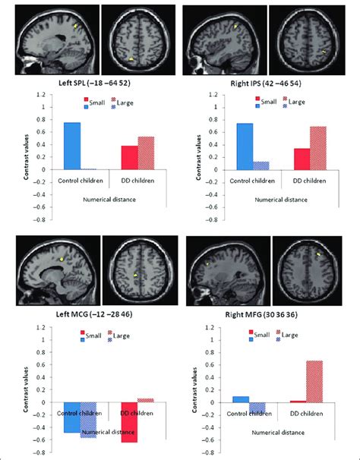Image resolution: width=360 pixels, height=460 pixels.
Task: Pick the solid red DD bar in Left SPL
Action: tap(130, 157)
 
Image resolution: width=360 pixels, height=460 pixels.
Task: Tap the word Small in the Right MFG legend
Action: tap(264, 333)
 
